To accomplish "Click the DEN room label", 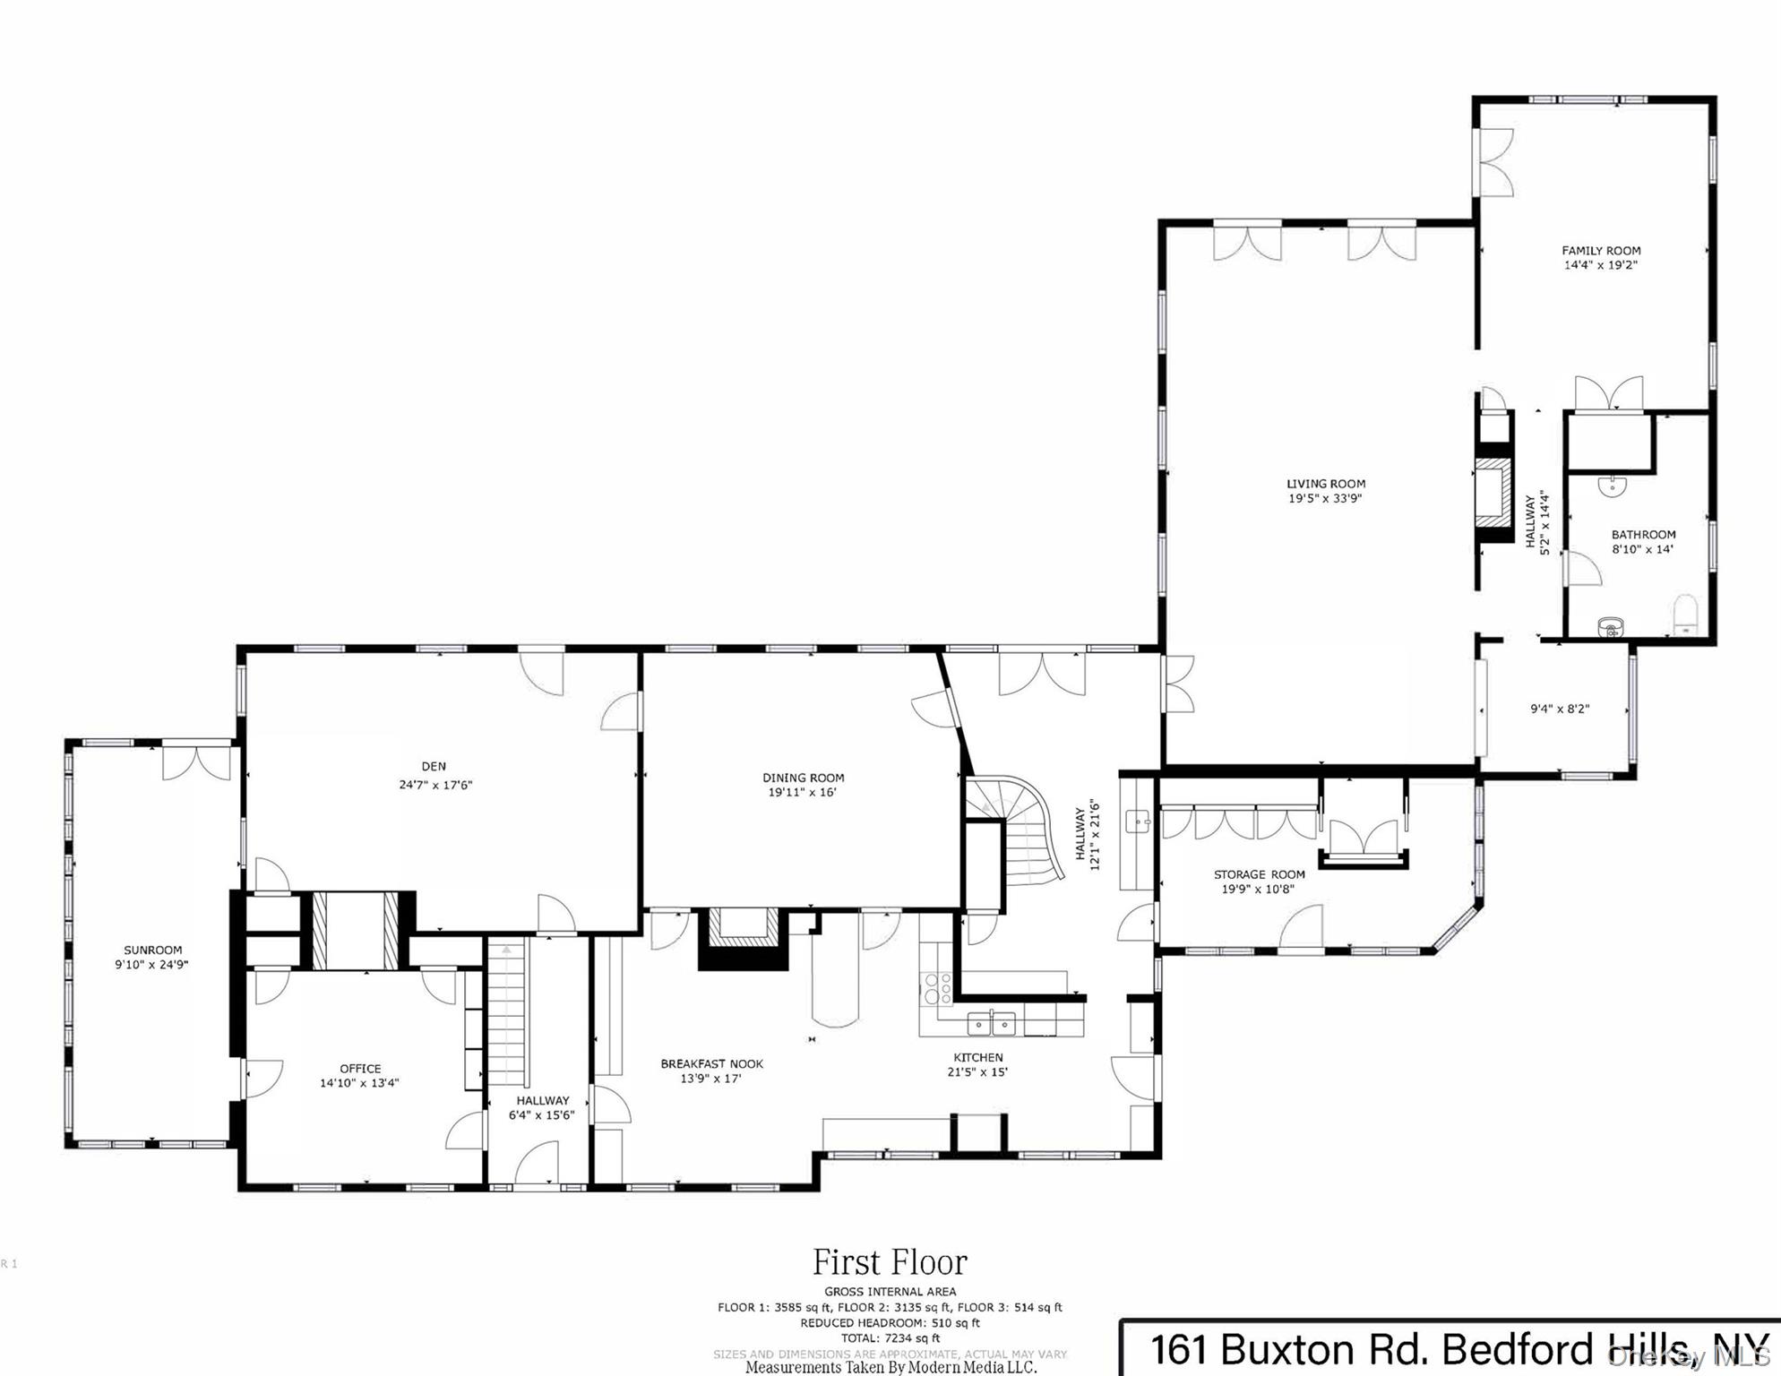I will [x=434, y=767].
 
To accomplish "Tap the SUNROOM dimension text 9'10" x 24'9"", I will [x=151, y=965].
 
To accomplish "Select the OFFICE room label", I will [x=360, y=1069].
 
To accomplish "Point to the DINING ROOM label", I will [x=804, y=778].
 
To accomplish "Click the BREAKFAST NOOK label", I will [x=712, y=1064].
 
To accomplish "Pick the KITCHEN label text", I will [x=978, y=1057].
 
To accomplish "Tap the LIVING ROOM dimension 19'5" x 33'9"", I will [x=1325, y=498].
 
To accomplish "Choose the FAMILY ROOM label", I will [x=1601, y=251].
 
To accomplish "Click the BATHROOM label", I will [x=1643, y=535].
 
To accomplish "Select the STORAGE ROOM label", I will [x=1259, y=874].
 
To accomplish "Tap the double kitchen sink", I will [x=992, y=1022].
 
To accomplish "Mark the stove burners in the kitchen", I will [x=937, y=988].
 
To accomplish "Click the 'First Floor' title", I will [x=890, y=1262].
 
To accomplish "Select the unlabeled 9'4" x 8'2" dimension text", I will [x=1560, y=709].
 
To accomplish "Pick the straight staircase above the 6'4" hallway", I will [x=507, y=1012].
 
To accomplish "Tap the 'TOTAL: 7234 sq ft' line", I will [x=890, y=1337].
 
